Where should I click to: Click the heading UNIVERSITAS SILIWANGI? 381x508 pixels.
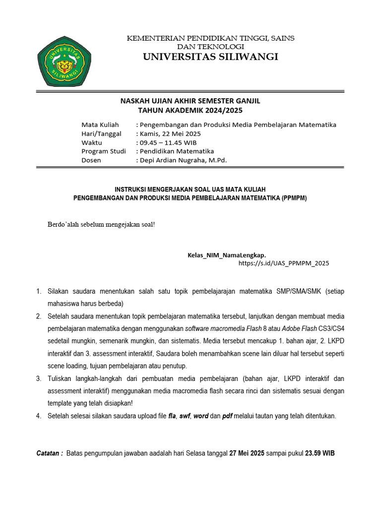point(211,57)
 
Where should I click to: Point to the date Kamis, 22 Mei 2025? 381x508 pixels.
point(170,133)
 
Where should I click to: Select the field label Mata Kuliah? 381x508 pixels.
point(100,125)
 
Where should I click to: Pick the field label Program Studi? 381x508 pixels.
point(104,151)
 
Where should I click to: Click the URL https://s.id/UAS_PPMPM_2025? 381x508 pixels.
point(284,263)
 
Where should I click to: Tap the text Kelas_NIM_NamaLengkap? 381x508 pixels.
point(230,254)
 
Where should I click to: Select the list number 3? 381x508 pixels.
point(38,379)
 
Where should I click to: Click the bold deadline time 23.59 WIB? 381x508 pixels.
point(320,453)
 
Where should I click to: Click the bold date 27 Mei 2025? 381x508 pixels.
point(247,453)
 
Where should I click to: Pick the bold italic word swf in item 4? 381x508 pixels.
point(184,416)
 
